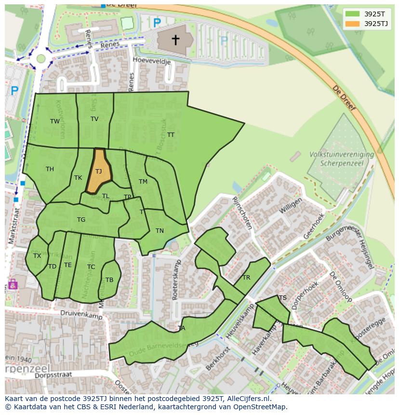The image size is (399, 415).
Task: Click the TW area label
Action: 55,121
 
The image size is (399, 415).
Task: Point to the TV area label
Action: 94,119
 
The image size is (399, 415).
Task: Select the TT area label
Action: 171,135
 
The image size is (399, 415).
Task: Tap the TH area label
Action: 50,169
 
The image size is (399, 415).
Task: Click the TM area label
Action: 143,182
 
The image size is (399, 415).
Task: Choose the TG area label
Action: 81,220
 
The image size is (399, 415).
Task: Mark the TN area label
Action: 160,231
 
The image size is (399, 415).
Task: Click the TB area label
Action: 109,280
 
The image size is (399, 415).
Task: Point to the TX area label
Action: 37,256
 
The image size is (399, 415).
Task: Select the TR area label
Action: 246,278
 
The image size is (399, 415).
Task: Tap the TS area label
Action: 283,298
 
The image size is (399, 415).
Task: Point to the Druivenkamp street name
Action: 77,313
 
